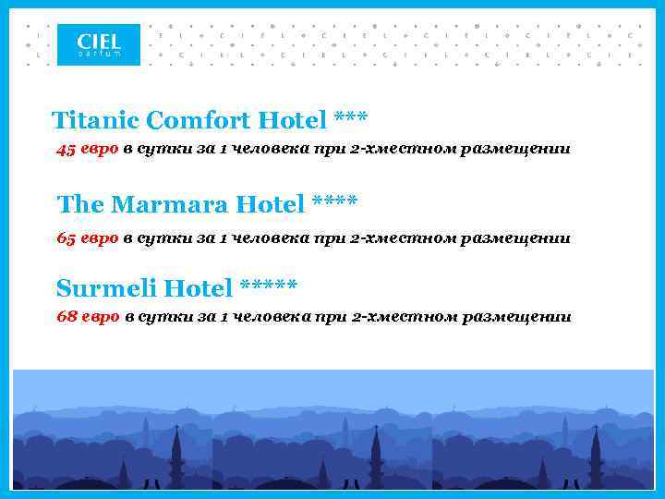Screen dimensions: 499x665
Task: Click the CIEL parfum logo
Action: point(98,44)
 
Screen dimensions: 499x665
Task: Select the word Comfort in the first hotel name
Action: point(199,120)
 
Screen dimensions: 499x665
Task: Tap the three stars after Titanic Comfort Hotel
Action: point(350,118)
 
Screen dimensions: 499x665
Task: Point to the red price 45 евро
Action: point(88,150)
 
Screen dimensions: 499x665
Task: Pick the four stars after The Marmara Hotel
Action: point(335,201)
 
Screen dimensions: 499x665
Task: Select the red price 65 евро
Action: point(88,237)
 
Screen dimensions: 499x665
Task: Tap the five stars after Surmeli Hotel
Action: point(268,286)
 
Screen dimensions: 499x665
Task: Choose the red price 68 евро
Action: point(88,317)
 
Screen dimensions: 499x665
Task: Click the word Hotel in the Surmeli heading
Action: point(199,288)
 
